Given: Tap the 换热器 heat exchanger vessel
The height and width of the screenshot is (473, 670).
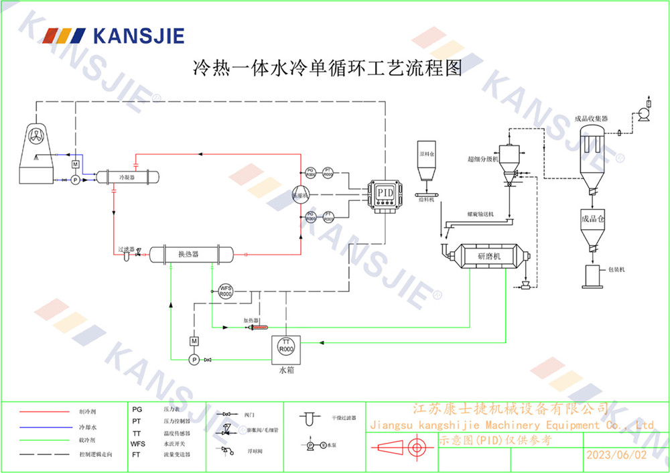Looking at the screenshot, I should tap(191, 254).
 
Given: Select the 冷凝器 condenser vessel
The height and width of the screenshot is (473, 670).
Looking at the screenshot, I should tap(127, 178).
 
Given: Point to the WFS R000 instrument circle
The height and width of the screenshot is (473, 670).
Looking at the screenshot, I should tap(226, 291).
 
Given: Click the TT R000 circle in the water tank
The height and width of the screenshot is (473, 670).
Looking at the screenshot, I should tap(286, 346).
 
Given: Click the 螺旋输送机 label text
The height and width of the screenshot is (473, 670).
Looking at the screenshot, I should tap(480, 214).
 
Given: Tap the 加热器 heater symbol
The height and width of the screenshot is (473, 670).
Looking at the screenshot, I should tap(258, 328).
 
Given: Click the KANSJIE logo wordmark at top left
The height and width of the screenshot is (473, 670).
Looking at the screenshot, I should tap(138, 35).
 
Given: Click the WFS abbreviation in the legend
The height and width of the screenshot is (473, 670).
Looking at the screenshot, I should tap(137, 444).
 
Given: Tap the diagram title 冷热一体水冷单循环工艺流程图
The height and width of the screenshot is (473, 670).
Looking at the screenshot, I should tap(328, 68).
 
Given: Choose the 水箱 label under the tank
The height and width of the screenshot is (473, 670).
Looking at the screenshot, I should tap(287, 369).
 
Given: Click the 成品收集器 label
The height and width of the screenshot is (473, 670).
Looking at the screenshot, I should tap(591, 119).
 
